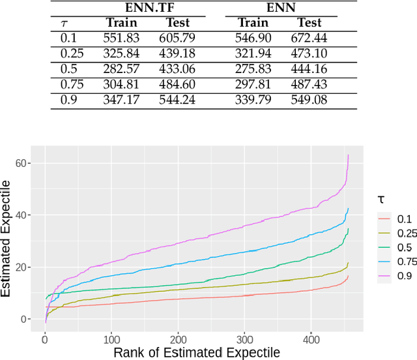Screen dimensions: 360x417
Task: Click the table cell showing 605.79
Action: click(177, 38)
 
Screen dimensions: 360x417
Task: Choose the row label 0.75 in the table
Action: click(71, 84)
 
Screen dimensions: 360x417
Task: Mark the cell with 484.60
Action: click(177, 84)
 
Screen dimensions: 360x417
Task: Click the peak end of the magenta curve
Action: click(349, 155)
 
